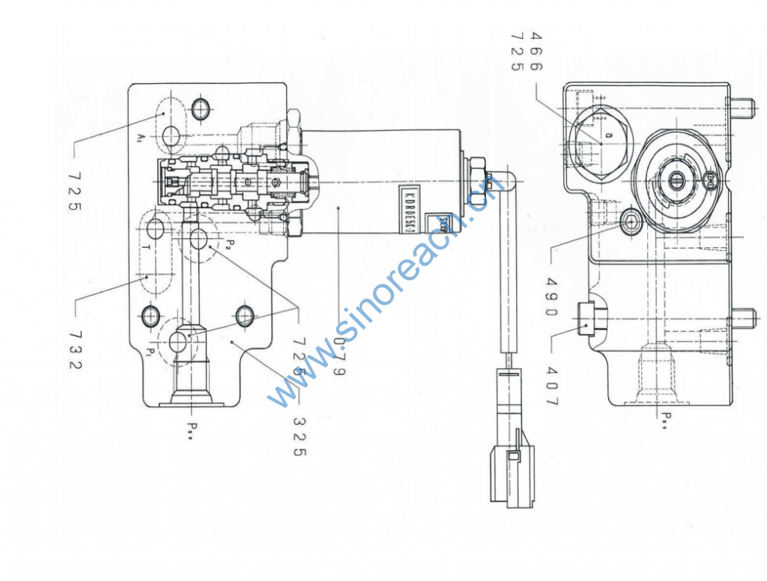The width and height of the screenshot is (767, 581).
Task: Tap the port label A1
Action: [x=141, y=138]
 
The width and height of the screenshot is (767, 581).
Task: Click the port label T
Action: [x=147, y=246]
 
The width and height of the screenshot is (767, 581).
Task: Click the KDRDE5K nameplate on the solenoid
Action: [x=400, y=210]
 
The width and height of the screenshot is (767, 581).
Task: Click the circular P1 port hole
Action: [x=181, y=341]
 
